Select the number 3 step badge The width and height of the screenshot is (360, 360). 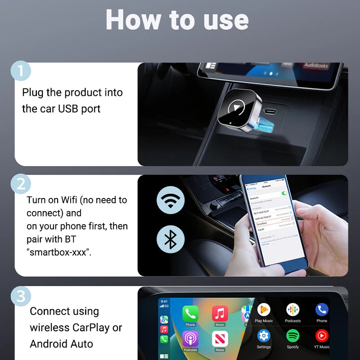coord(20,296)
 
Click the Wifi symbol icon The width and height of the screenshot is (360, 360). coord(170,200)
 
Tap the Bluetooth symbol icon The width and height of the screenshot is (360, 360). coord(170,239)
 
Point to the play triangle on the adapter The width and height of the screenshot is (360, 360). coord(235,108)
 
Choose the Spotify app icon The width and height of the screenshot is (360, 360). coord(292,336)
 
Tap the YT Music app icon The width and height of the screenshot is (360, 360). coord(321,336)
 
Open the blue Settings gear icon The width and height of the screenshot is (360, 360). coord(264,336)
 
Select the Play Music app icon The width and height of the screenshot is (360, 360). coord(264,310)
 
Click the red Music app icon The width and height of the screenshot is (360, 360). coord(220,313)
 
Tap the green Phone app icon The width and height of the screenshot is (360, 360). coord(190,313)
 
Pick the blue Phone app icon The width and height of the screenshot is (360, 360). coord(321,310)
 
